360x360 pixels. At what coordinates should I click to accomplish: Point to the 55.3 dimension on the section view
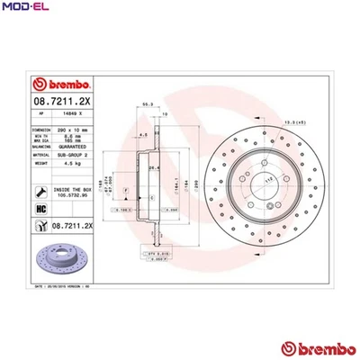143,105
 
